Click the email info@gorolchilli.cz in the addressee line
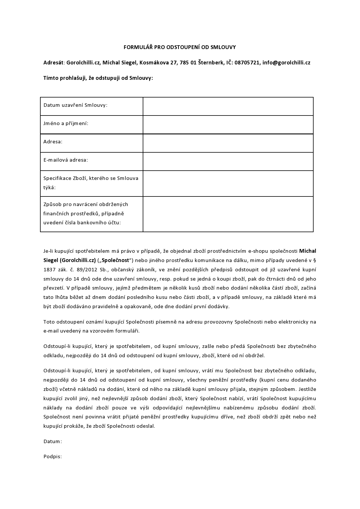[286, 62]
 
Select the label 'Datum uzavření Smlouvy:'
[75, 105]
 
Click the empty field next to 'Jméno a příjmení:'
[228, 125]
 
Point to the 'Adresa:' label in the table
[53, 142]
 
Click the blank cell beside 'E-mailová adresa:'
[228, 161]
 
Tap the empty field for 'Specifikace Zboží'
[228, 183]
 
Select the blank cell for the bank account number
[228, 214]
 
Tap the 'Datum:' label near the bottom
[53, 441]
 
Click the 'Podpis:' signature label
[53, 456]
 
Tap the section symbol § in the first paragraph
[315, 260]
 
